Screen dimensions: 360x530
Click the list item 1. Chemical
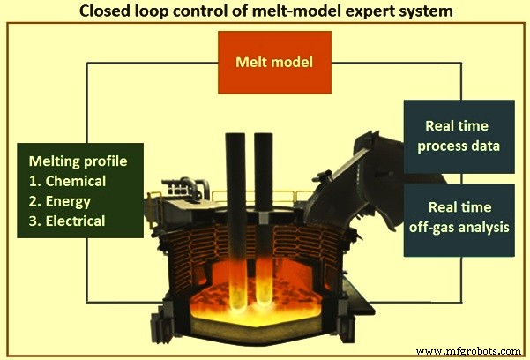point(75,181)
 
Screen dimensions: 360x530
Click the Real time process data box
point(459,137)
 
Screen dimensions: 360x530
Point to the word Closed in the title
point(104,11)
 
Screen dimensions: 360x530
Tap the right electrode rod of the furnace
point(263,212)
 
